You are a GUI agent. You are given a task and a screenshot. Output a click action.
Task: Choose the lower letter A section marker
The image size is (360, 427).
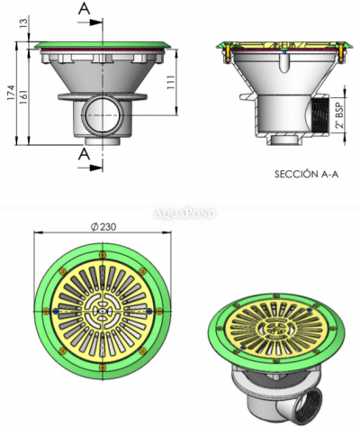tap(84, 154)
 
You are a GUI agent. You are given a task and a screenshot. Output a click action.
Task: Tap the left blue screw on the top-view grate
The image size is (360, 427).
tap(58, 310)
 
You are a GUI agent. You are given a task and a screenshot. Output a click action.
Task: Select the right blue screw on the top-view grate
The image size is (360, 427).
tap(148, 309)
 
